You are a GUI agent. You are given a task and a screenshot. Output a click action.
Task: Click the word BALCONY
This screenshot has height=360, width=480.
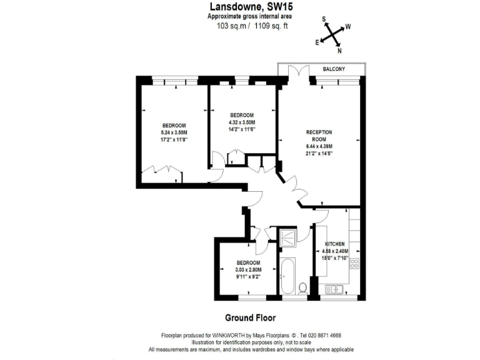(334, 69)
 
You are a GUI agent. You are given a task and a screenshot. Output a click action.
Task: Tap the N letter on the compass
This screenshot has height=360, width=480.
(339, 51)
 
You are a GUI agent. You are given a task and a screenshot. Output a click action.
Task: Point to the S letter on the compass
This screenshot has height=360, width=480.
(324, 19)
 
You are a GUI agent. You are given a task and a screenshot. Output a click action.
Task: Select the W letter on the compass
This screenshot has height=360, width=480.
(348, 27)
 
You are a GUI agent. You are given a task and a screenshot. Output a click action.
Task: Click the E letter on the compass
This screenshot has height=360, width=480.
(317, 42)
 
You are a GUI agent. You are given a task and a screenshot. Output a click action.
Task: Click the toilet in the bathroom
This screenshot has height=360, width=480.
(302, 287)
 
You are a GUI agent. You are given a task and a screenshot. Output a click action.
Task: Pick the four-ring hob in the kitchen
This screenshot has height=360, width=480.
(354, 264)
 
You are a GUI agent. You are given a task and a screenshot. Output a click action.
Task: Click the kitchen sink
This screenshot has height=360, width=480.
(332, 288)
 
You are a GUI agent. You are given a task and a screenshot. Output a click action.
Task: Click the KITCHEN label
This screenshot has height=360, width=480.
(335, 243)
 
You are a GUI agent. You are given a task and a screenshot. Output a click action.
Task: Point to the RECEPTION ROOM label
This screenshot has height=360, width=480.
(319, 136)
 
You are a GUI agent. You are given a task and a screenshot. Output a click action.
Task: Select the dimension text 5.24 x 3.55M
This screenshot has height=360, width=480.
(174, 132)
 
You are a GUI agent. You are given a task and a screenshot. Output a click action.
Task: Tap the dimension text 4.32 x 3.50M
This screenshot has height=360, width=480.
(242, 122)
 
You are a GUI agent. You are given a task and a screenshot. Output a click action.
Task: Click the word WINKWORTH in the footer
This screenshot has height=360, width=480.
(232, 335)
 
